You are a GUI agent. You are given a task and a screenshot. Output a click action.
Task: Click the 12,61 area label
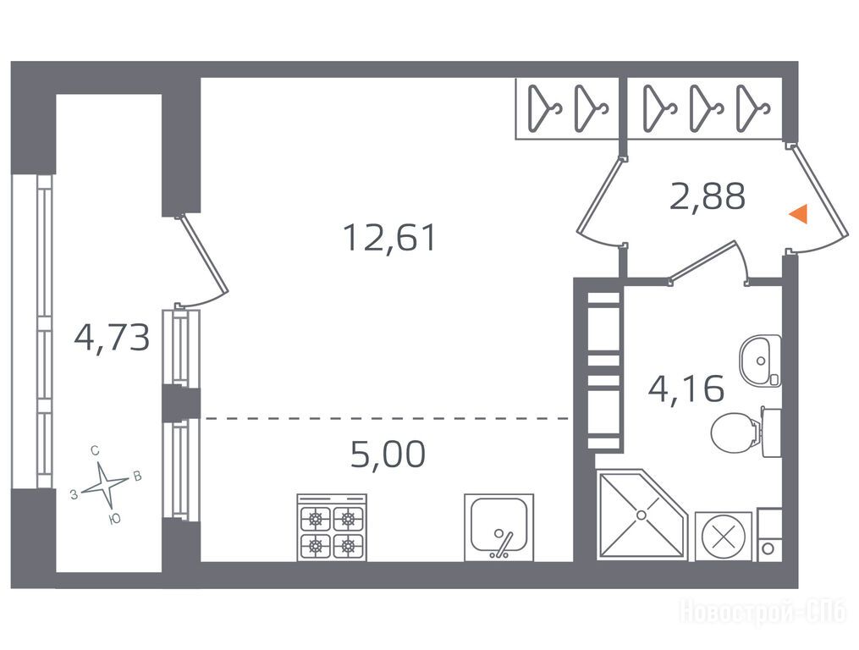(389, 238)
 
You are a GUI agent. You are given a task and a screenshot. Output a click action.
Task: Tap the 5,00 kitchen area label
(388, 454)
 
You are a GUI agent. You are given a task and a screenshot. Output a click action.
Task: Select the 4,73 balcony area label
(112, 337)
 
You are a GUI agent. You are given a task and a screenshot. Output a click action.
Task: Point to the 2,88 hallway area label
(708, 196)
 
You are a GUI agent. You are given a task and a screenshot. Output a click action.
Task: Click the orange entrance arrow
(798, 213)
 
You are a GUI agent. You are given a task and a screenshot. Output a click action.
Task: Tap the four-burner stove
(332, 527)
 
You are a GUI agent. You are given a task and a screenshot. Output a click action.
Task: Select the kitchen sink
(498, 527)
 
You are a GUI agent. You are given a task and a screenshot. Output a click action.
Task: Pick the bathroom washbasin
(760, 360)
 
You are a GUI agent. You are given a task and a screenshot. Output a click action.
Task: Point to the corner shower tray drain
(641, 515)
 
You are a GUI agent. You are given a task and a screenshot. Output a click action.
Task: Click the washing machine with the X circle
(724, 536)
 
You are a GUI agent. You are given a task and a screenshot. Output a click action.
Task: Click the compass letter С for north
(95, 451)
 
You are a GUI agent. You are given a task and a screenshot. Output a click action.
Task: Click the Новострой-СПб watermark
(763, 611)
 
